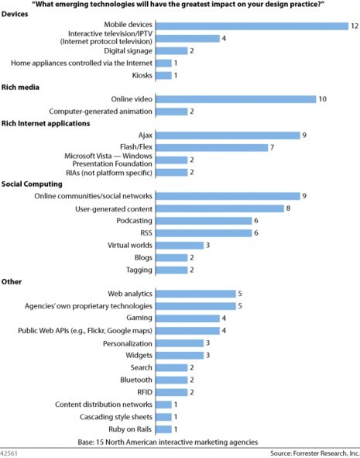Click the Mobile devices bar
click(252, 26)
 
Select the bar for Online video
click(236, 99)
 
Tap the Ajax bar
click(228, 136)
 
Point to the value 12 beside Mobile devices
click(355, 26)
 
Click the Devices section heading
click(15, 14)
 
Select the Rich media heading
click(20, 87)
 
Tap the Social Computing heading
click(32, 184)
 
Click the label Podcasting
click(134, 221)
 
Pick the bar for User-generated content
click(220, 208)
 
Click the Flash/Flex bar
click(212, 147)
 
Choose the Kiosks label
click(142, 75)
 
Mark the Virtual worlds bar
click(180, 246)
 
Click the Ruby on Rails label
click(130, 429)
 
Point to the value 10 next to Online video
click(322, 99)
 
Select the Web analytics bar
click(196, 294)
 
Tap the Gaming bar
click(188, 319)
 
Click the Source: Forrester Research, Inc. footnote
click(314, 453)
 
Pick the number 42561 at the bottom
click(9, 453)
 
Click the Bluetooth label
click(136, 380)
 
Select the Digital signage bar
click(172, 51)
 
